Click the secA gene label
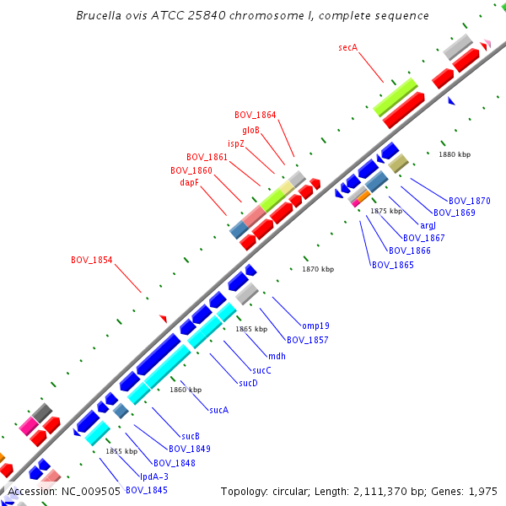pos(349,47)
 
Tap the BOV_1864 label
pos(256,115)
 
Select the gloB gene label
pos(251,130)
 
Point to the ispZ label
pos(236,143)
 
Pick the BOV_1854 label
pos(92,260)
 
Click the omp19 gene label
pos(315,326)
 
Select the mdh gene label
pos(277,356)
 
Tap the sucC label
pos(261,370)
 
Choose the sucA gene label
pos(219,410)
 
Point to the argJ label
pos(428,225)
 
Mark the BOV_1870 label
pos(470,201)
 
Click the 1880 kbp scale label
pos(455,154)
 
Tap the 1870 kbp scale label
pos(318,269)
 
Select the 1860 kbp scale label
pos(186,390)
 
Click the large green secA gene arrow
pos(396,98)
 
